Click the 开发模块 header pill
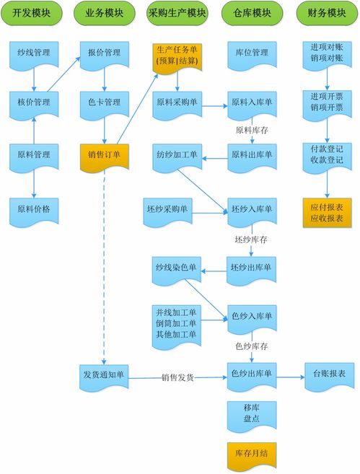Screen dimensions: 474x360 coord(32,13)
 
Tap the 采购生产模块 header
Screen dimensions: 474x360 coord(177,13)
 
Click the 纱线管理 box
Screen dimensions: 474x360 coord(33,52)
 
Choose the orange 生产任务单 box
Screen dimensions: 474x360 coord(177,56)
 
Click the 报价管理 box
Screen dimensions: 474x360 coord(103,52)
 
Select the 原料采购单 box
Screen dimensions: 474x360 coord(177,103)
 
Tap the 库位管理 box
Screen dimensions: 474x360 coord(252,52)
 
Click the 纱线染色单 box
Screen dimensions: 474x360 coord(176,267)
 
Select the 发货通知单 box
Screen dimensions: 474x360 coord(103,374)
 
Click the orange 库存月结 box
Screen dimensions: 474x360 coord(251,452)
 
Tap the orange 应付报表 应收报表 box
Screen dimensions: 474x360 coord(326,212)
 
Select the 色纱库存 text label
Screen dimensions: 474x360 coord(252,347)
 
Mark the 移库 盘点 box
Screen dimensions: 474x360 coord(250,413)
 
